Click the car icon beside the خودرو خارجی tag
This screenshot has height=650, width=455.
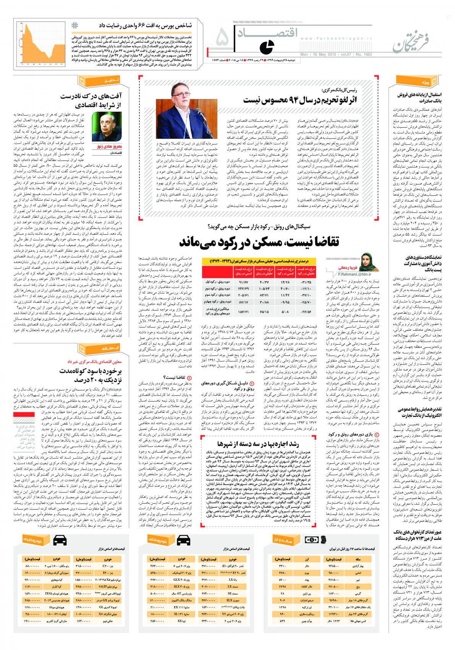[x=59, y=540]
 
